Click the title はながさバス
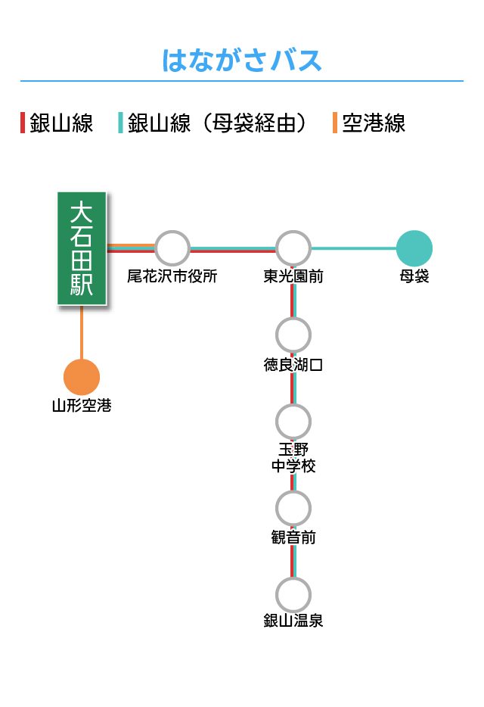coord(242,61)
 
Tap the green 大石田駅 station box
coord(82,248)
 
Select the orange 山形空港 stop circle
coord(82,378)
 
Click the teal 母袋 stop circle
coord(414,248)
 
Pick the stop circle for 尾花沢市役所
coord(172,248)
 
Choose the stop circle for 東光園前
coord(293,248)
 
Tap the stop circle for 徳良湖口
coord(293,335)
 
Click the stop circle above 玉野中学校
coord(293,422)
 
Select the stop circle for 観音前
coord(293,508)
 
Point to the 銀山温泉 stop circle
coord(293,595)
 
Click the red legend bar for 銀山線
coord(23,123)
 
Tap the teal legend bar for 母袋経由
coord(120,123)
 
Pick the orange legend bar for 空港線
coord(335,123)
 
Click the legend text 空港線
coord(374,123)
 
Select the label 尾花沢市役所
coord(172,276)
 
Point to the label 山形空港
coord(82,406)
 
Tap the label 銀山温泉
coord(293,621)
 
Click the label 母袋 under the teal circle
coord(414,276)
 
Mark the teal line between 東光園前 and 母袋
coord(354,248)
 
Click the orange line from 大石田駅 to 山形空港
coord(82,332)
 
